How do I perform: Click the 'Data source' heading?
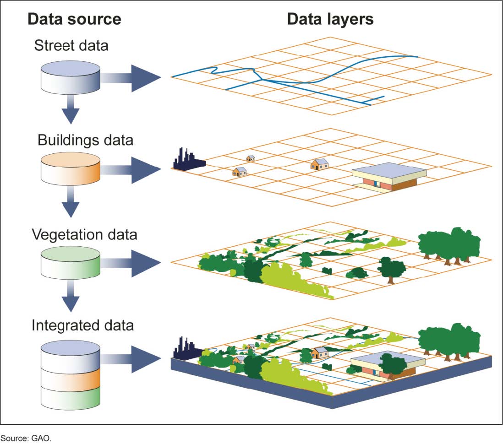(74, 19)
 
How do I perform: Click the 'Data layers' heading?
(330, 19)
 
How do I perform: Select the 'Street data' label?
(71, 46)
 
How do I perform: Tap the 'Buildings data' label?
(85, 139)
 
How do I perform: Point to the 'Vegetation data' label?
(84, 234)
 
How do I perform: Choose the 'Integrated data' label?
(82, 325)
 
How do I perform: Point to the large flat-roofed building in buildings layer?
(388, 176)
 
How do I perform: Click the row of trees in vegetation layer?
(449, 245)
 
